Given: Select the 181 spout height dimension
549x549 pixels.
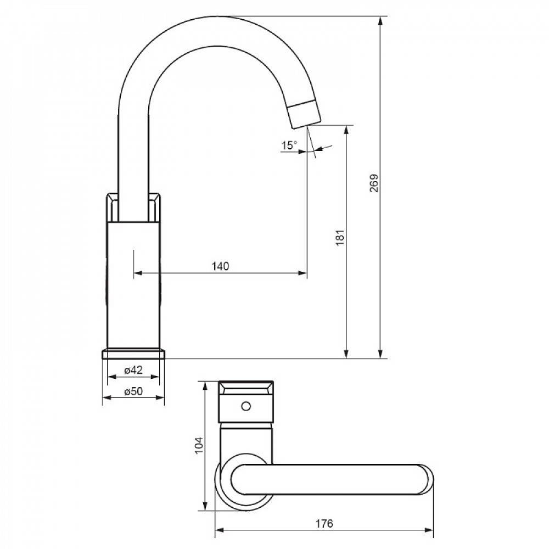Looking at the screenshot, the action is pos(340,238).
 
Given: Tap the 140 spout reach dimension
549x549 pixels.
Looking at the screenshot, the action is pos(220,266).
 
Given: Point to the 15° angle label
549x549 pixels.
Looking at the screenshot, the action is pos(289,145).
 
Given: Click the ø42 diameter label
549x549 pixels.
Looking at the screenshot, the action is pos(133,369).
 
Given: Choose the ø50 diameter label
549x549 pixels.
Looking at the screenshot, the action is pos(133,391).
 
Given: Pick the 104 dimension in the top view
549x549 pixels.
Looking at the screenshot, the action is pos(199,445).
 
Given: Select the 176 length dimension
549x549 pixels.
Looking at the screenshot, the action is pos(324,524).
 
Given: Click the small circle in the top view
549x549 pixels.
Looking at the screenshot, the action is pos(246,406).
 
